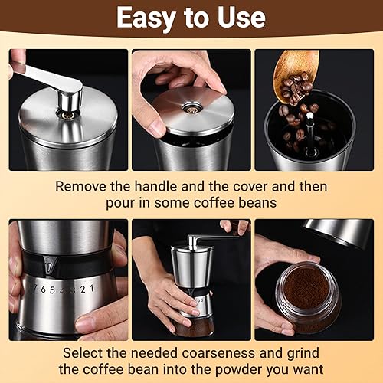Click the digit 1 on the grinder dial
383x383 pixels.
pyautogui.click(x=91, y=288)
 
